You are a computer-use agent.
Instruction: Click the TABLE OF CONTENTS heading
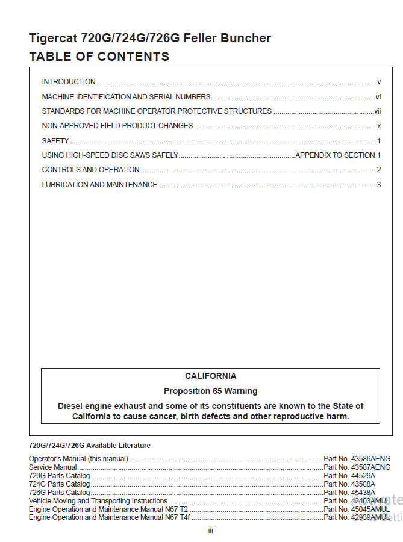[99, 57]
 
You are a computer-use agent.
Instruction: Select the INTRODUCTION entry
[69, 82]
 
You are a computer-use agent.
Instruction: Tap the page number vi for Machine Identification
[378, 96]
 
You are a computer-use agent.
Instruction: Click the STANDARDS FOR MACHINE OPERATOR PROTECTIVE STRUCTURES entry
[157, 111]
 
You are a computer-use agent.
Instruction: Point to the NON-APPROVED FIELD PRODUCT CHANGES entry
[117, 126]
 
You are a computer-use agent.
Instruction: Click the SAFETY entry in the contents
[55, 141]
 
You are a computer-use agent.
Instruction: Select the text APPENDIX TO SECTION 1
[338, 155]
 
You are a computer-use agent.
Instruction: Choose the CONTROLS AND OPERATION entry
[91, 170]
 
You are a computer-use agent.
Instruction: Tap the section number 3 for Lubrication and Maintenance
[379, 185]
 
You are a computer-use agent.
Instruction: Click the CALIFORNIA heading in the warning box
[210, 376]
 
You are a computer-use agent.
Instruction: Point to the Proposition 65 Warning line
[210, 391]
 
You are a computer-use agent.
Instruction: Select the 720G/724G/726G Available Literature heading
[90, 446]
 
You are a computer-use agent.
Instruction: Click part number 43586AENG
[370, 459]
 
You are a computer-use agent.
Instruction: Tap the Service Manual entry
[53, 467]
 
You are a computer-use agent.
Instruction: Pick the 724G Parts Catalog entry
[60, 484]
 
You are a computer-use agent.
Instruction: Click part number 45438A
[363, 493]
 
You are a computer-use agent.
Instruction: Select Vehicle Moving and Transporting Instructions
[98, 501]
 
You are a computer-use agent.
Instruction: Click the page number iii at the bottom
[210, 531]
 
